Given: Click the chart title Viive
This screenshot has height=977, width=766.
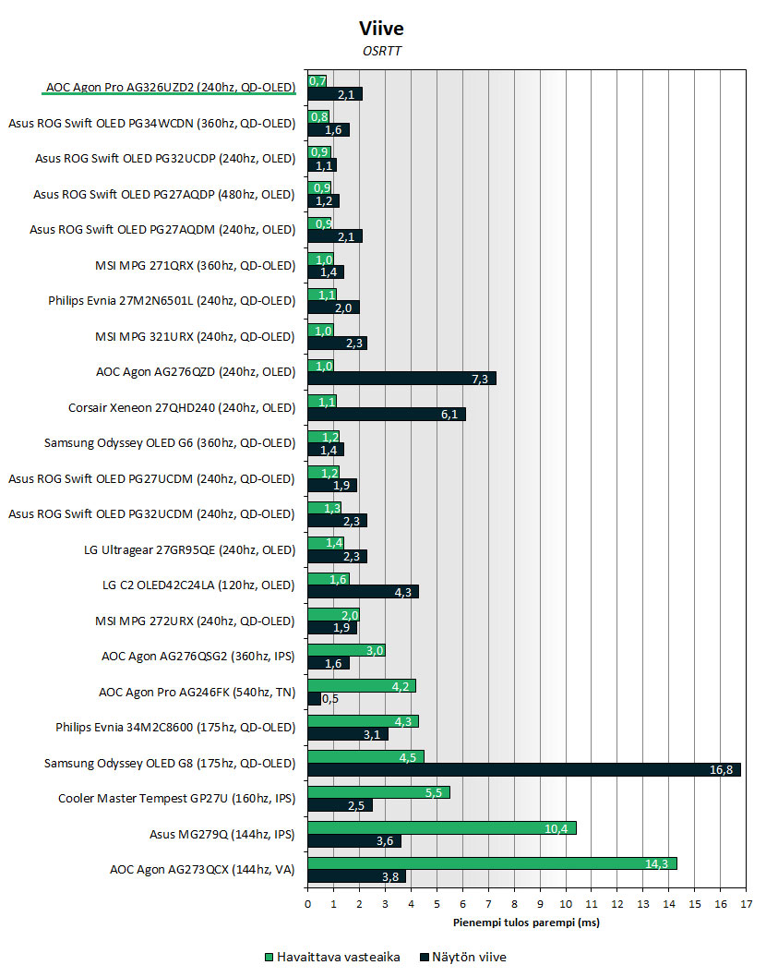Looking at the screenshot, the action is click(381, 28).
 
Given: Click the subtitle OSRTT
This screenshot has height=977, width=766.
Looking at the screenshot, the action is click(382, 51).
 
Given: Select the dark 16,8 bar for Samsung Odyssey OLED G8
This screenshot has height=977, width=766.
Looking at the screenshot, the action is click(524, 769).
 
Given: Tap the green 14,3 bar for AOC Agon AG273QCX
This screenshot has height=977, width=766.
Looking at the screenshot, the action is click(492, 863).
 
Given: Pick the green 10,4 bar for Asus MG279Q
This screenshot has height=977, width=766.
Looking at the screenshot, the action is click(441, 828).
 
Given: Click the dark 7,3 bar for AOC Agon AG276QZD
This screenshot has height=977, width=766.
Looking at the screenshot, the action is click(401, 379).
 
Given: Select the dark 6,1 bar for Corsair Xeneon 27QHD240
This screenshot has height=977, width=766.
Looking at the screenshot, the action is click(386, 415).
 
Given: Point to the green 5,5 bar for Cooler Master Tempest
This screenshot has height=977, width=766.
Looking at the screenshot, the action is click(378, 792).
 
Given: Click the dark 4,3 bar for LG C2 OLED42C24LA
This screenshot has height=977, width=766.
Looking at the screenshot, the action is click(363, 592).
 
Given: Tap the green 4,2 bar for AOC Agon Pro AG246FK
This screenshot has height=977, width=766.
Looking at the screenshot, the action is click(362, 686).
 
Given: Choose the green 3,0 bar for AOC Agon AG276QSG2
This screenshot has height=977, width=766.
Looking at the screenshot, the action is click(346, 650).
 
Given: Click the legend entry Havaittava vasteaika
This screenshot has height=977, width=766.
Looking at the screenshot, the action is click(332, 957).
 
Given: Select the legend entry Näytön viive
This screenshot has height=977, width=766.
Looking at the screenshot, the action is click(464, 957).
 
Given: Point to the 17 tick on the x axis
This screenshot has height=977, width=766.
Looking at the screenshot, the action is click(746, 904).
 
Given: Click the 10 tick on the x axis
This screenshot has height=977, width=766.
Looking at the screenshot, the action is click(566, 904).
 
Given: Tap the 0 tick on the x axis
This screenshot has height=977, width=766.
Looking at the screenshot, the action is click(307, 904).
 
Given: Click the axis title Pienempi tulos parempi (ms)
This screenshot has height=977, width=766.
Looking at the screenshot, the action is click(526, 923).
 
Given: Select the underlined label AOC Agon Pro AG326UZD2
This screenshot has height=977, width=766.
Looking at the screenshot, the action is click(171, 87).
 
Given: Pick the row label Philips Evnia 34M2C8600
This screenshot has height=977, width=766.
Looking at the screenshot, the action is click(175, 727).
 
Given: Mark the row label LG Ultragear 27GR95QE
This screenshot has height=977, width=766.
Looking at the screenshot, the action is click(189, 549).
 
